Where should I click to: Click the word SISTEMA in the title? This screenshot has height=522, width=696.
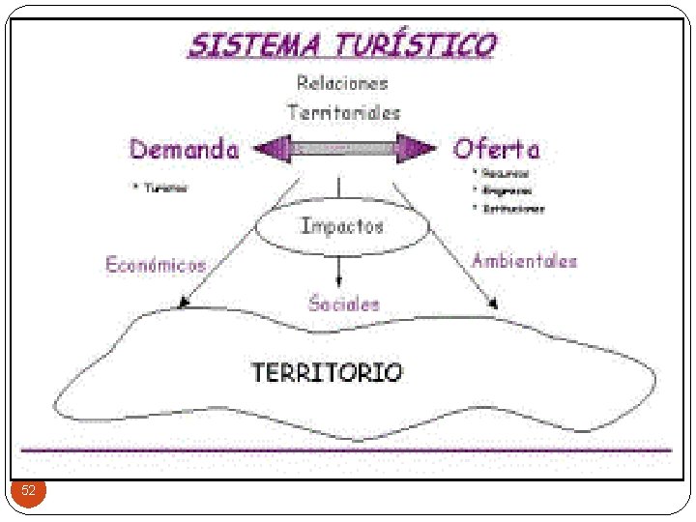(252, 45)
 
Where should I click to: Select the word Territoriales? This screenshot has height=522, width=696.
(343, 112)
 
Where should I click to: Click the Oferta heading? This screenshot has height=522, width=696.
(497, 149)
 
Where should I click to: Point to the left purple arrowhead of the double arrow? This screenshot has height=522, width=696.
(271, 149)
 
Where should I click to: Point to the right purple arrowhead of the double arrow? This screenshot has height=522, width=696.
(417, 149)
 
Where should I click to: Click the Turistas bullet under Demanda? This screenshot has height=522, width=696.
(165, 188)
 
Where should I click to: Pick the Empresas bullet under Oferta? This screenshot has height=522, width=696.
(507, 190)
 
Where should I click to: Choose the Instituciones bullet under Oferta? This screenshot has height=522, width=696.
(513, 208)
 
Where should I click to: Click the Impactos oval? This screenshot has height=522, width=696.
(342, 227)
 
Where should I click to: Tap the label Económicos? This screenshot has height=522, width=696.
(155, 265)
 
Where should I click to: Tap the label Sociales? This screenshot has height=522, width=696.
(344, 303)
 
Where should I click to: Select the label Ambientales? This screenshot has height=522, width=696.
(524, 261)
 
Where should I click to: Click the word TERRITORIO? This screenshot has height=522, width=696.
(327, 372)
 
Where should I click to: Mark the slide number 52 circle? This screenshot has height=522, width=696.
(29, 491)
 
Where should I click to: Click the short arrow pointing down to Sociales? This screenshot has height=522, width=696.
(338, 270)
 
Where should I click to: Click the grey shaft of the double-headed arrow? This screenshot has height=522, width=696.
(343, 149)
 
